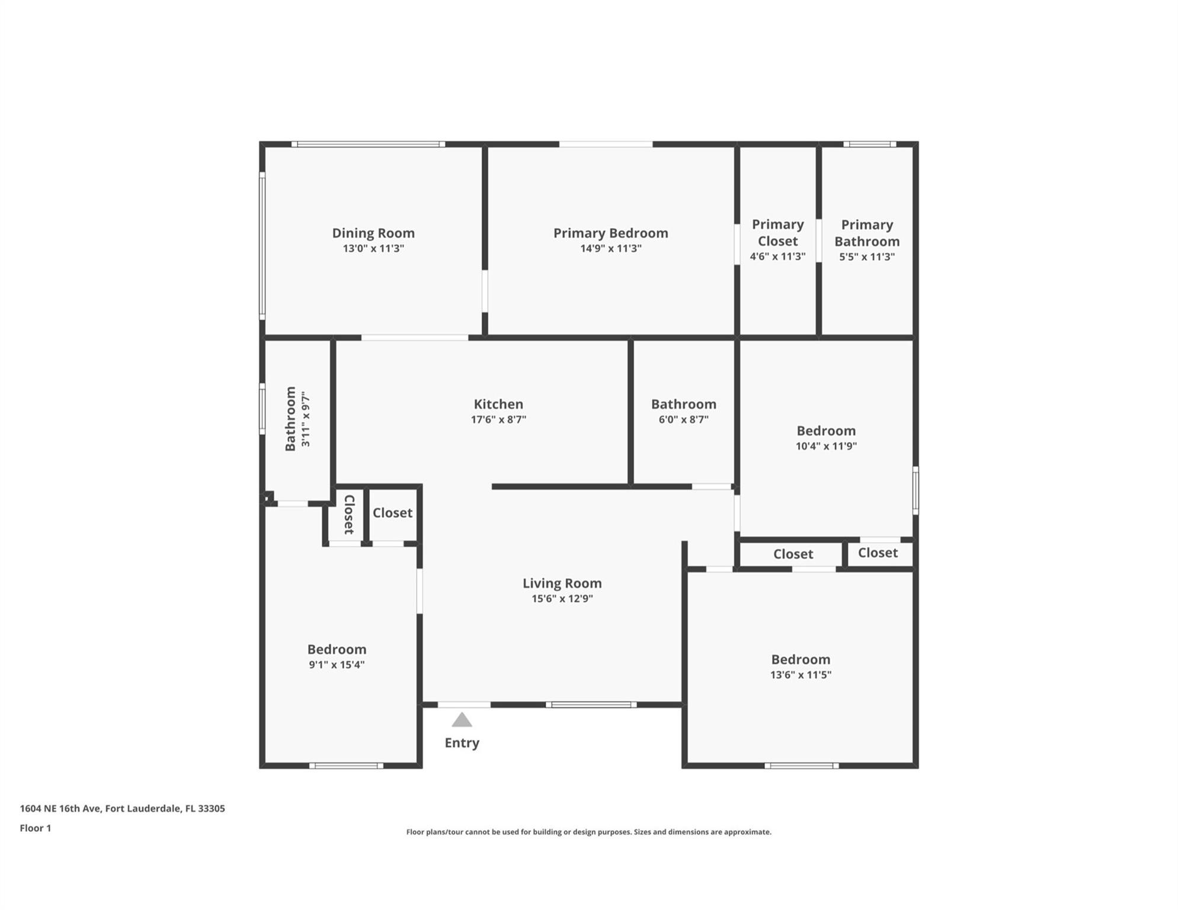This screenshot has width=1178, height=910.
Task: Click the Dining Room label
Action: (x=373, y=233)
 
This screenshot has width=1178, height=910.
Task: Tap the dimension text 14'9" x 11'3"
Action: (x=610, y=248)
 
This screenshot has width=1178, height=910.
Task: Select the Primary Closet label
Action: (x=777, y=233)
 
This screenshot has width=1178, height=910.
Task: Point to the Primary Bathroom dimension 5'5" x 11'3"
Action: (x=866, y=257)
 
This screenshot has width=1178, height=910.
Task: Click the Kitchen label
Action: (x=498, y=404)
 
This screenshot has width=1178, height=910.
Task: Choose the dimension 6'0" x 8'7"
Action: (x=683, y=419)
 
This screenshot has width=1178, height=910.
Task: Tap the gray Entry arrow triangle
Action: (x=462, y=720)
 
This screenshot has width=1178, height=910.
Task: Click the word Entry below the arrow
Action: (x=462, y=743)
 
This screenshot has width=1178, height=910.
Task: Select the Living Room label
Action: (x=562, y=583)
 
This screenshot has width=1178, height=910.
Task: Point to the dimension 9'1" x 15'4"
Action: (x=336, y=665)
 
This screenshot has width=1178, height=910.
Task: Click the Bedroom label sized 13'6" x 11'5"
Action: (x=800, y=659)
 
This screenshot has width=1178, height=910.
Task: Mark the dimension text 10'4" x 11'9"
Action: (x=826, y=446)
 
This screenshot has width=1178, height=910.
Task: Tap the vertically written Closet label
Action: (x=349, y=514)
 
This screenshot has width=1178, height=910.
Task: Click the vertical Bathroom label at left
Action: (x=290, y=418)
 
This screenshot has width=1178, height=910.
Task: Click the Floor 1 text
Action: (x=36, y=828)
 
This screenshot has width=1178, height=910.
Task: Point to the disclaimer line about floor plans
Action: (x=588, y=832)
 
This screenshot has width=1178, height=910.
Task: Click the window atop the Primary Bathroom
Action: (x=869, y=144)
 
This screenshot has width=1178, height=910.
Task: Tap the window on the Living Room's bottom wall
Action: (x=591, y=704)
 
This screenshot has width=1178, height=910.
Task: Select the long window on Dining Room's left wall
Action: (x=263, y=246)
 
